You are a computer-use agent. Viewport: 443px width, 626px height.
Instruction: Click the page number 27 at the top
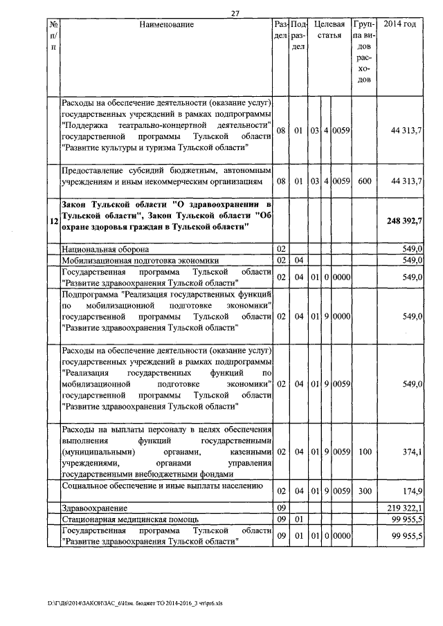235,12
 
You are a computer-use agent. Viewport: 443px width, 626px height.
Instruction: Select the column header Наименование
166,25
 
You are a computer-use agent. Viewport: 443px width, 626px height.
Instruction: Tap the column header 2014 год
399,25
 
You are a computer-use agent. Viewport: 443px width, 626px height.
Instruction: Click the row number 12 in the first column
53,221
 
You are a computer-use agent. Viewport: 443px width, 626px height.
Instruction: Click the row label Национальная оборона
107,248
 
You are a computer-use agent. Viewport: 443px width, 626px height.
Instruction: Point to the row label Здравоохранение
94,508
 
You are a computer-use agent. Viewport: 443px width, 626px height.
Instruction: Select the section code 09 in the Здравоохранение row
281,508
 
